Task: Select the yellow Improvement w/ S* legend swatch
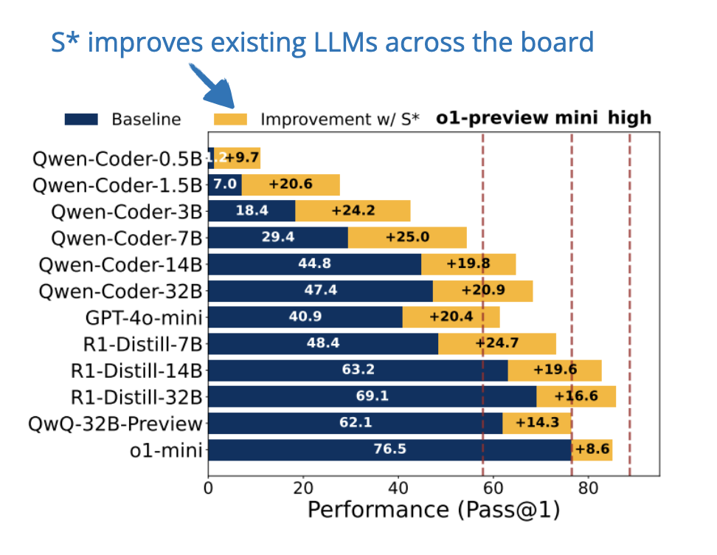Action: (x=231, y=119)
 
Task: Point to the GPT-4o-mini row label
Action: (x=144, y=318)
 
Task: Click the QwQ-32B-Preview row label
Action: (x=114, y=424)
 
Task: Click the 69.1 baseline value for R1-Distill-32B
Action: (x=372, y=396)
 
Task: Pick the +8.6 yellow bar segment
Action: (x=592, y=449)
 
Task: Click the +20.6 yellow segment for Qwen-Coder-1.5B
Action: (x=290, y=185)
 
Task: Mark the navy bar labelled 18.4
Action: (x=252, y=211)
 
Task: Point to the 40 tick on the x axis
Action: (x=398, y=488)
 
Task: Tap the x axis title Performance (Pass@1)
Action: (x=433, y=511)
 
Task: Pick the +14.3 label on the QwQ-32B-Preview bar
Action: (x=536, y=423)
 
